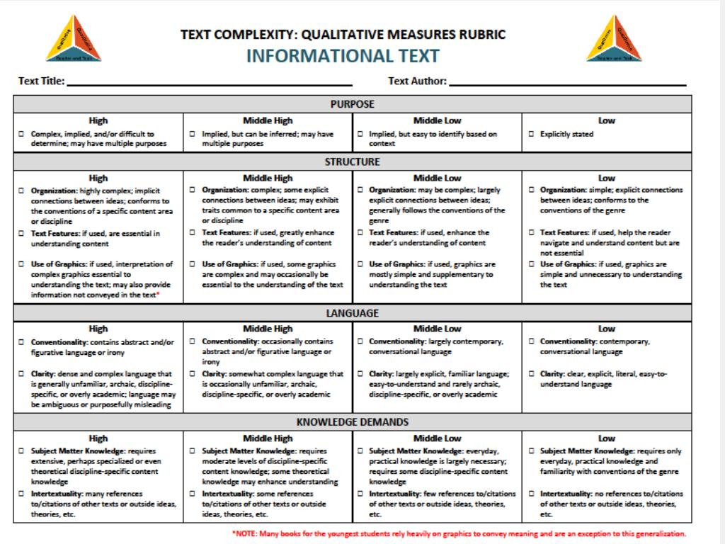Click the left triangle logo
[x=74, y=39]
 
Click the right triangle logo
[x=614, y=39]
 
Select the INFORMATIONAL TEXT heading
[x=343, y=55]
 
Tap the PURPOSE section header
[x=352, y=104]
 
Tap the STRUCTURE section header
[x=352, y=161]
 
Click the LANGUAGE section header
[x=352, y=312]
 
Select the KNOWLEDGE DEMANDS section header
[x=352, y=422]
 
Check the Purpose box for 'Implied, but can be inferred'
[x=193, y=134]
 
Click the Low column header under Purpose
[x=607, y=120]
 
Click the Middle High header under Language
[x=267, y=329]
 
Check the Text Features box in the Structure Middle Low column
[x=360, y=232]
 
